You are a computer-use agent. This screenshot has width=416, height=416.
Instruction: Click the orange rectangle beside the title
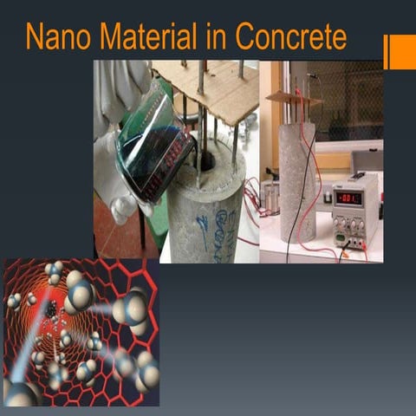[400, 52]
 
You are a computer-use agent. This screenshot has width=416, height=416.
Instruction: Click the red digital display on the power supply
[349, 198]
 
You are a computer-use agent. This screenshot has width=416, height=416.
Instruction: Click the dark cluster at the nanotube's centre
[52, 310]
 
